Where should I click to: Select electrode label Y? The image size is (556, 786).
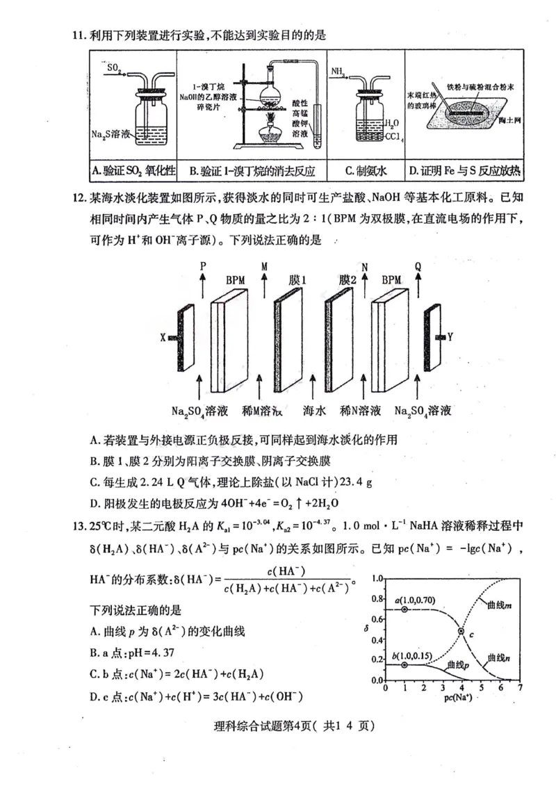click(x=450, y=337)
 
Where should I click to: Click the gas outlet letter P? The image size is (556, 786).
click(x=203, y=266)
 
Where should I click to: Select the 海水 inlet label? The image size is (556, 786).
click(x=314, y=411)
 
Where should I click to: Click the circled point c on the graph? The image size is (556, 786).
click(x=461, y=631)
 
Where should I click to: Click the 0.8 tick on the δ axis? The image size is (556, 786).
click(x=377, y=598)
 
